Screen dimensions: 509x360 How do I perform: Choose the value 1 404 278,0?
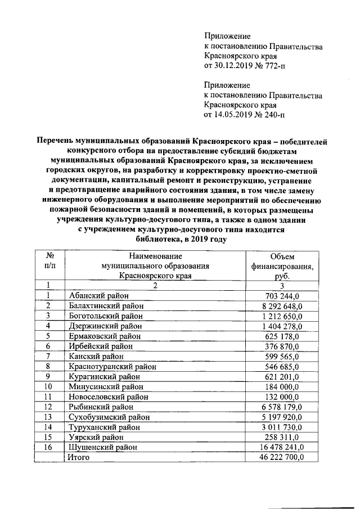[283, 326]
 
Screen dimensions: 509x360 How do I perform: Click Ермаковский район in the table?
[105, 336]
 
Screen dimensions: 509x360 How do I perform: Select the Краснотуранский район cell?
[112, 366]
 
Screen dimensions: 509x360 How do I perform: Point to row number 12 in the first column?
[48, 407]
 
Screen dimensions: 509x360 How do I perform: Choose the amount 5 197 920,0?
[283, 417]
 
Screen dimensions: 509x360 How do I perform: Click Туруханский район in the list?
[106, 427]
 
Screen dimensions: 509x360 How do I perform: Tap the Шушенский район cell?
[103, 447]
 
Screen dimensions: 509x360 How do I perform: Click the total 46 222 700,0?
[281, 457]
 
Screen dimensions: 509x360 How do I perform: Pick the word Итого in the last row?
[79, 457]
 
